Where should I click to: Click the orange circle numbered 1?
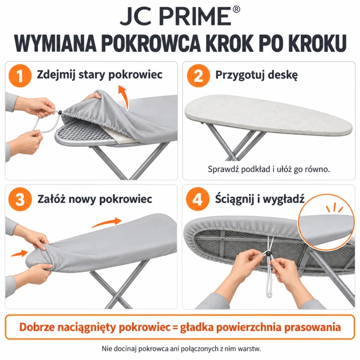(x=20, y=76)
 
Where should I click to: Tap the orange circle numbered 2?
(x=198, y=76)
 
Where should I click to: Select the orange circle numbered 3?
(x=20, y=199)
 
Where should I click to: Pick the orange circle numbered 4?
(x=198, y=199)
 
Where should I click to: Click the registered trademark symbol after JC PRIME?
(x=236, y=10)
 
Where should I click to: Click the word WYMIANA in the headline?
(x=55, y=43)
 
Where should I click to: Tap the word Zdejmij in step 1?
(x=56, y=75)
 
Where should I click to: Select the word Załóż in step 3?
(x=51, y=199)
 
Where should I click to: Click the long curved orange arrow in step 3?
(x=106, y=222)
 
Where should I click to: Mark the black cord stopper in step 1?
(x=60, y=112)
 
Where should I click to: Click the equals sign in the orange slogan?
(x=175, y=327)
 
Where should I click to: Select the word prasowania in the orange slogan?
(x=312, y=327)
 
